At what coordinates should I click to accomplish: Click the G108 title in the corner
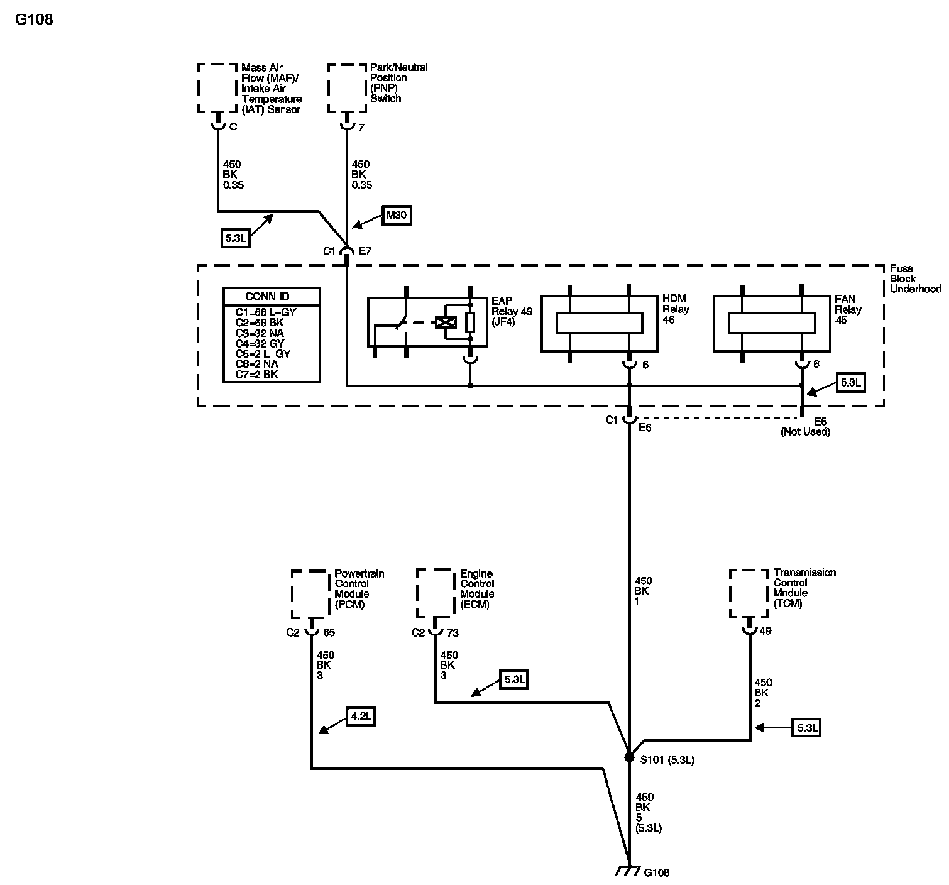click(34, 19)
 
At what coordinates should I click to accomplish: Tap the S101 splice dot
click(629, 757)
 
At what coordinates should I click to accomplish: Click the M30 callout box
click(396, 216)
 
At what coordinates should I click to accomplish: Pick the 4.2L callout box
click(361, 717)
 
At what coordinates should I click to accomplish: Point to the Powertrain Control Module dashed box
click(310, 594)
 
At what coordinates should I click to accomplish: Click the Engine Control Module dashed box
click(436, 593)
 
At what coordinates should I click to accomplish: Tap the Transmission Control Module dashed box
click(749, 593)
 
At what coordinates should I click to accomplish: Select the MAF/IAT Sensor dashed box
click(217, 87)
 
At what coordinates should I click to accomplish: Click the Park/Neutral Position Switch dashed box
click(347, 87)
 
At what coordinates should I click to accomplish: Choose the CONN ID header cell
click(272, 297)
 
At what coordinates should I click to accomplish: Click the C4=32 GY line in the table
click(260, 343)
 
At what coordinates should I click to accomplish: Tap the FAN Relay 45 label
click(848, 309)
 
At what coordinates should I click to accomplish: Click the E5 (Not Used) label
click(806, 427)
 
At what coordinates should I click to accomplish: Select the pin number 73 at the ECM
click(452, 632)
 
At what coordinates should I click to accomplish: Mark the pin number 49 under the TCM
click(765, 631)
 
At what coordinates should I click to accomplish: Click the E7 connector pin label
click(365, 251)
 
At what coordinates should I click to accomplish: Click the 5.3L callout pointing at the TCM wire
click(807, 728)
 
